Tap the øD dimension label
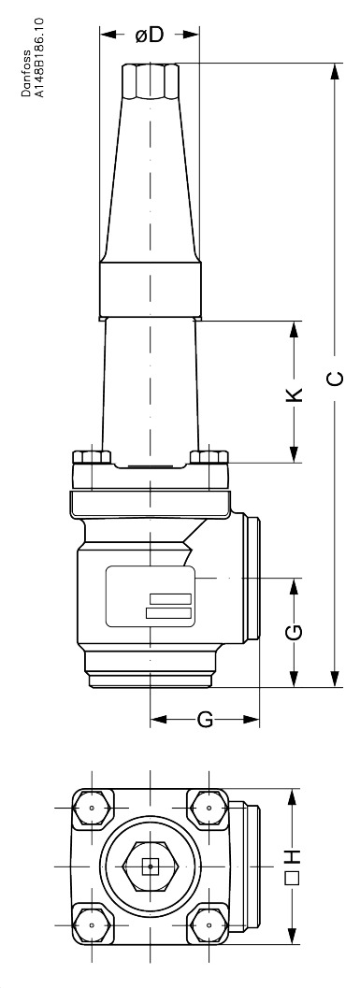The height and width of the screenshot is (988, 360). pos(150,35)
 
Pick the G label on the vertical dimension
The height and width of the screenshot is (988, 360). pos(294,633)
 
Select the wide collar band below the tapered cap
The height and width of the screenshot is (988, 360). pos(150,289)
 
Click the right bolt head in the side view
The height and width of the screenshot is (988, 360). pos(208,457)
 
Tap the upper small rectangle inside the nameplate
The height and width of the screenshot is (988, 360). pos(167,597)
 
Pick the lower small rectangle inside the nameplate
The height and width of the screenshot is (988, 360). pos(167,612)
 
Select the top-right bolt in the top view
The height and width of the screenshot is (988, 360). pos(207,806)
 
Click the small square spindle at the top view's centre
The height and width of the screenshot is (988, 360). pos(150,866)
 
